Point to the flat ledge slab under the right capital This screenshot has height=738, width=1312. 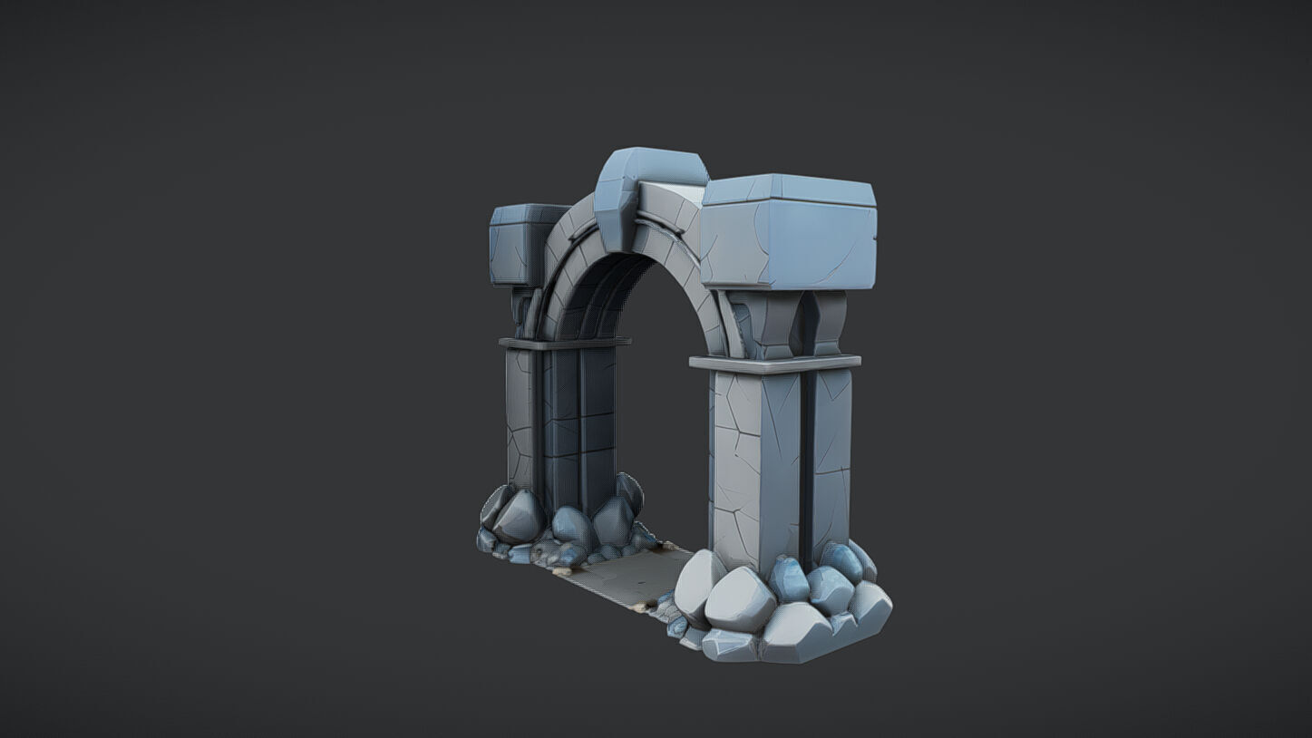point(774,364)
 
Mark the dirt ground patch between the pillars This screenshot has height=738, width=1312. point(630,576)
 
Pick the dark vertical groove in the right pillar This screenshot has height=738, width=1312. point(806,453)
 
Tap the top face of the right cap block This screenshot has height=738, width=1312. point(789,188)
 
